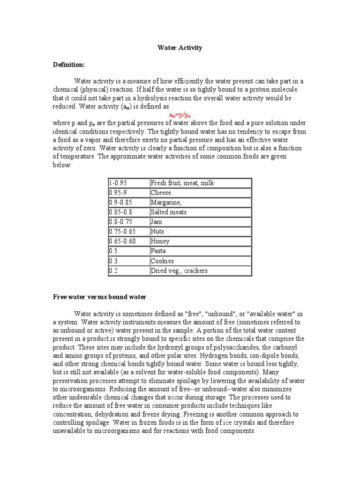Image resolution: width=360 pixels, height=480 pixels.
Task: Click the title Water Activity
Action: pos(180,47)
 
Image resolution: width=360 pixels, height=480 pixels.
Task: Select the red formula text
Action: pos(180,115)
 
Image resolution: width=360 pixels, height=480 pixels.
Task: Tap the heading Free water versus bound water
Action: pos(100,297)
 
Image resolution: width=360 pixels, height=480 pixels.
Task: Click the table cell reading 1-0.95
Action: pos(128,183)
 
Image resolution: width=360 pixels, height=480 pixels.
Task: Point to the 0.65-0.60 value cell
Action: pos(128,241)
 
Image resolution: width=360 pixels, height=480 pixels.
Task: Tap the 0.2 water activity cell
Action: pos(128,270)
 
